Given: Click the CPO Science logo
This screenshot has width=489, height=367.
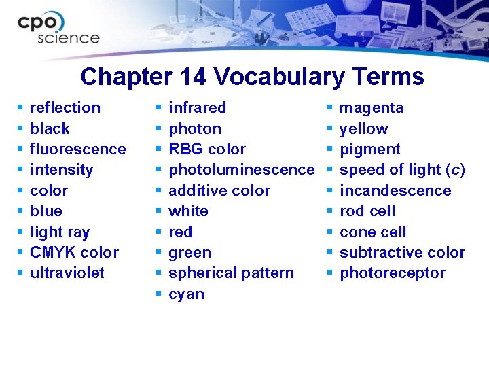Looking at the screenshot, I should pos(58,29).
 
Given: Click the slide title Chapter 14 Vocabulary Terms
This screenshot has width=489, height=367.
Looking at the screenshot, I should pos(252,77).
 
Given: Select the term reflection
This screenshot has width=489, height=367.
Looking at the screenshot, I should pos(65,108).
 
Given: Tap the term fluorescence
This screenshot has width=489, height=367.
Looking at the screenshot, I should pos(78,150).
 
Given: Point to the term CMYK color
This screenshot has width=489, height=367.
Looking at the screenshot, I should pos(74,253).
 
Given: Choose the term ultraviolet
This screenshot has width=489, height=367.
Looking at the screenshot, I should pos(67,273).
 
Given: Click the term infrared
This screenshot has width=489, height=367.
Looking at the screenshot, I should pos(197,108).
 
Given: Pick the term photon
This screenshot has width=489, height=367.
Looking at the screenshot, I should pos(195,129).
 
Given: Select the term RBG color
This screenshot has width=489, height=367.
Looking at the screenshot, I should pos(207,150).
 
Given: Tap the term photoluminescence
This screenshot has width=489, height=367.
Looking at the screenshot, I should pos(241,170).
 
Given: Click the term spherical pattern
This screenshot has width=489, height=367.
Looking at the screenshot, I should pos(231,273).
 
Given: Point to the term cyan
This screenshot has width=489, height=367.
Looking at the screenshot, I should pos(186,294).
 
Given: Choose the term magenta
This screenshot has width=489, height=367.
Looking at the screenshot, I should pos(372,108).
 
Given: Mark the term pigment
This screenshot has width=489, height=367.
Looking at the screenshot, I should pos(369,150).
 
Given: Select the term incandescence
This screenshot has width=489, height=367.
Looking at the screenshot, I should pos(395,191).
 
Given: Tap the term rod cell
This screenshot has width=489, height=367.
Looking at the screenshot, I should pos(367,211).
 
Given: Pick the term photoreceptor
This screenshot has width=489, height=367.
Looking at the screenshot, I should pos(393,273).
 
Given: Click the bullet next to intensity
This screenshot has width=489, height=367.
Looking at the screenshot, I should pos(20,170).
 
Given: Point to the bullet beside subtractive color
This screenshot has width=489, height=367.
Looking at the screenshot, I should pos(329,253).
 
